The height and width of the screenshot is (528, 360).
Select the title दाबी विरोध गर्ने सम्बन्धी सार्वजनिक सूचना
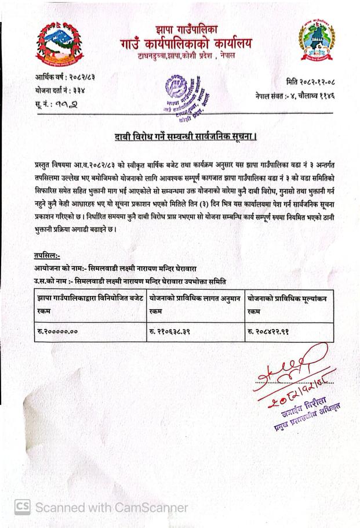(186, 137)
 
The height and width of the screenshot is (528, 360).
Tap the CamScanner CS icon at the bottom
(22, 507)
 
